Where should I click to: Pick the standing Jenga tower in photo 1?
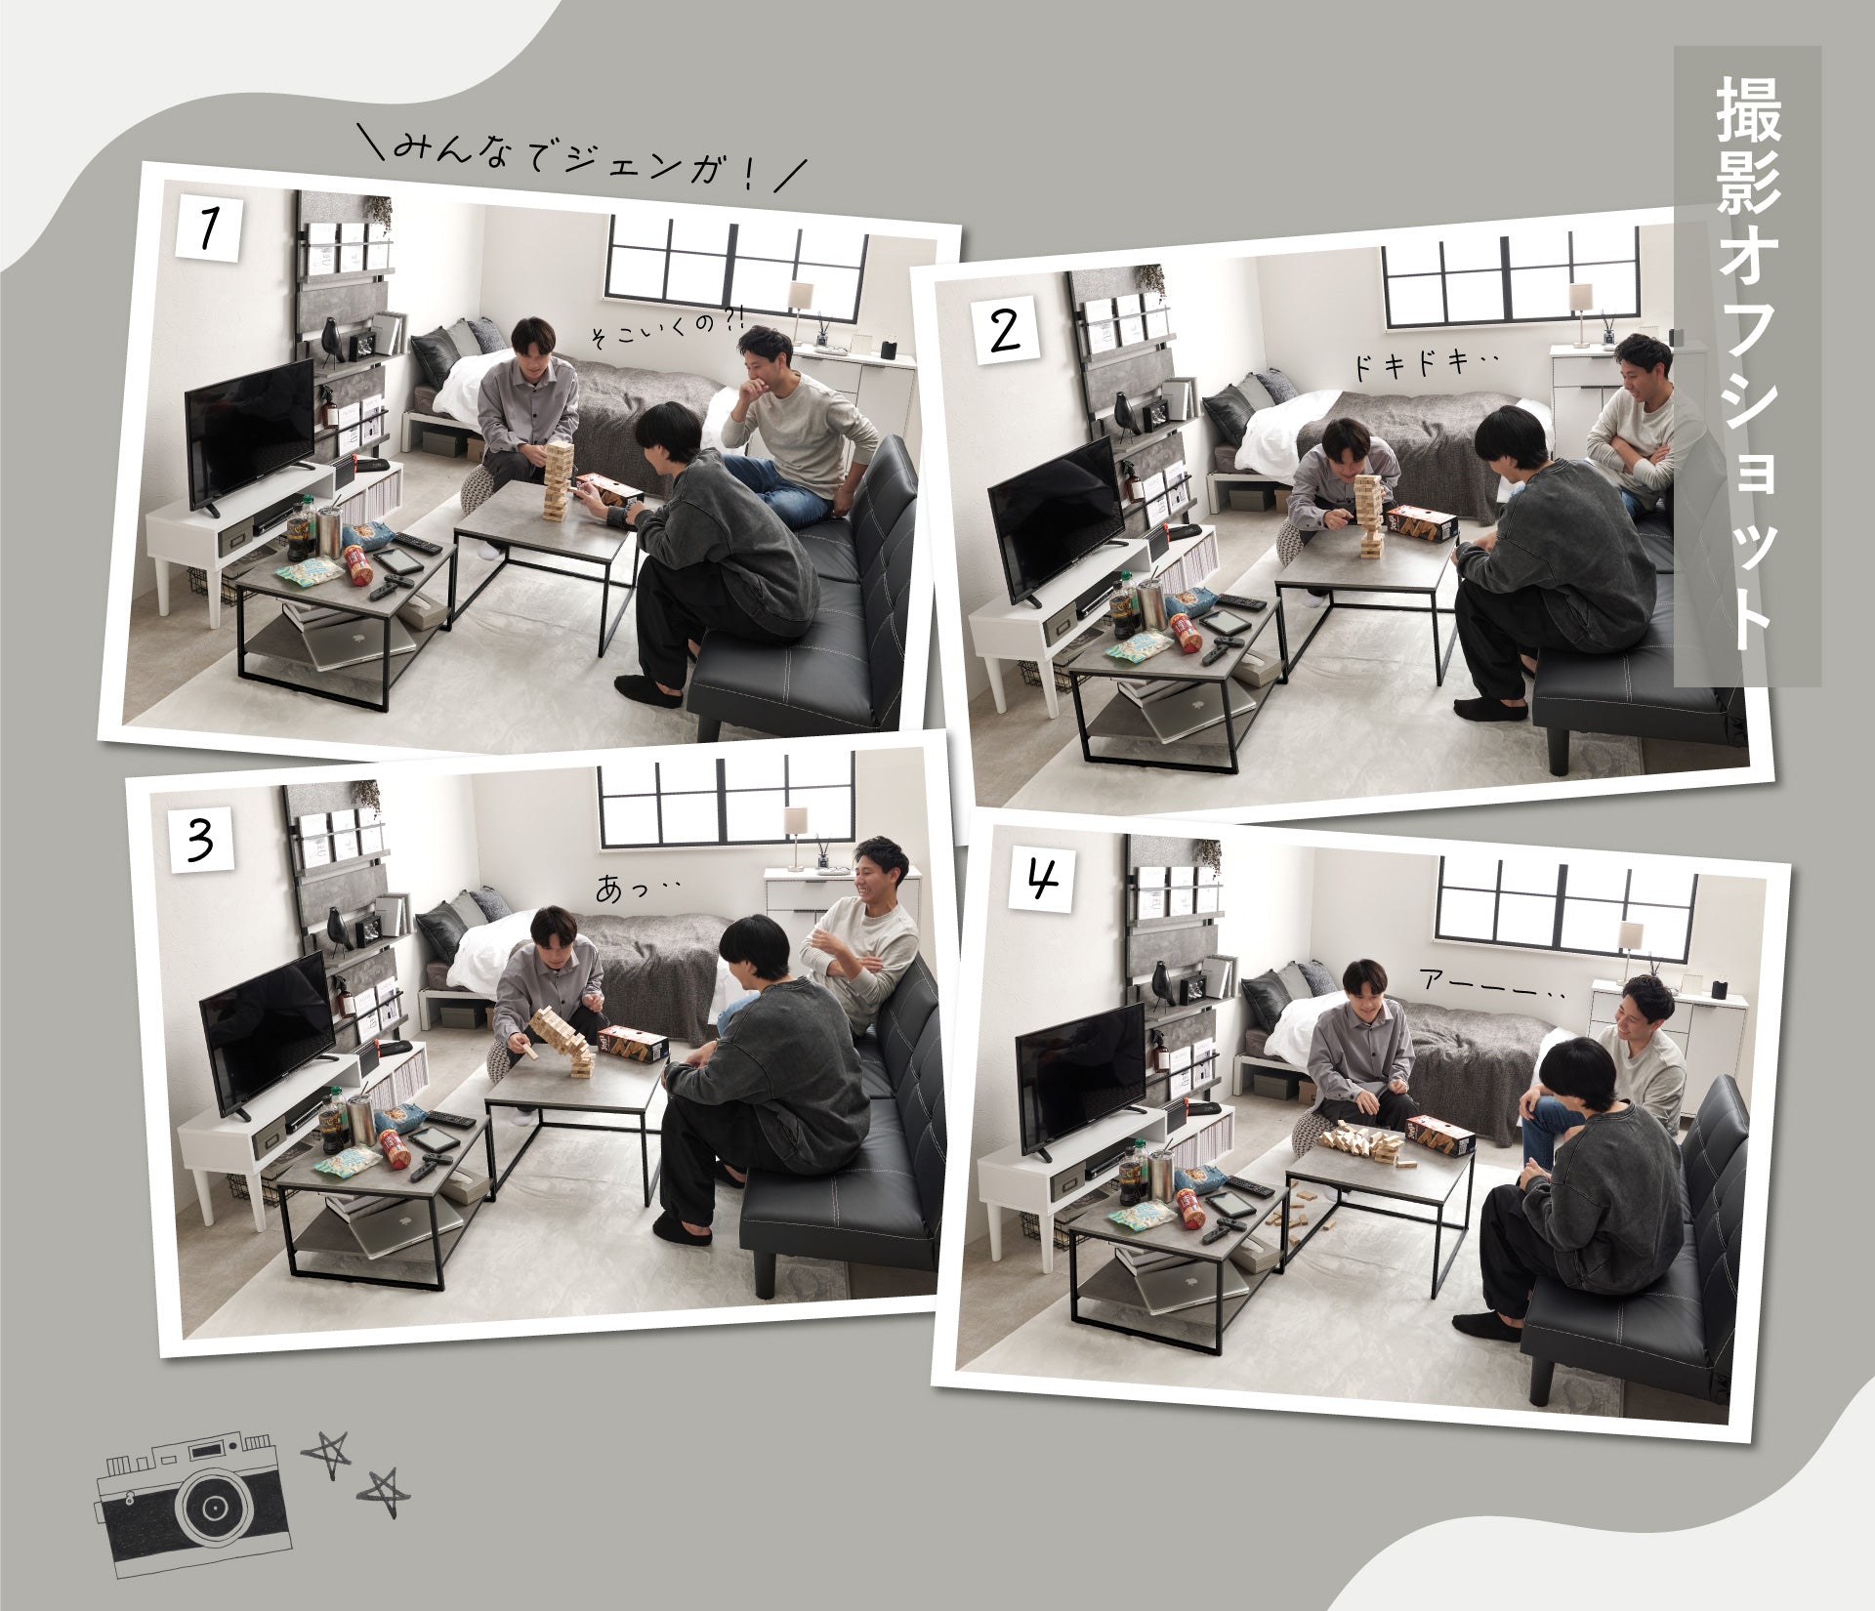click(x=559, y=476)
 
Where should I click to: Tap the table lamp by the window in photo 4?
click(x=1628, y=948)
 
